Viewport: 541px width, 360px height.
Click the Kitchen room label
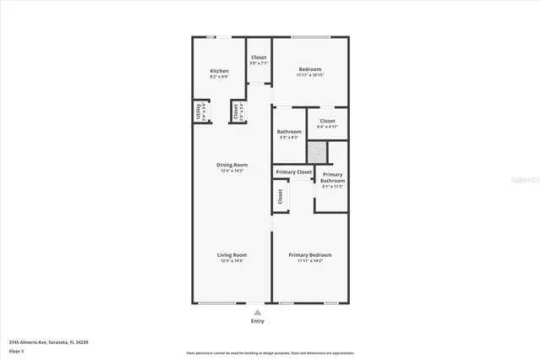[219, 70]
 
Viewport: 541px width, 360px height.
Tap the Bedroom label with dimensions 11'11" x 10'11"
[310, 68]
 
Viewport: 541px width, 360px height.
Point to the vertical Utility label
[199, 112]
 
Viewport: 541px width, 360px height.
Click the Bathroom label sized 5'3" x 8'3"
[289, 131]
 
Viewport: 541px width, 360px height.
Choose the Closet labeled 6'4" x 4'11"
[327, 121]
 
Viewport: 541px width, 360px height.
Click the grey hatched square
[316, 151]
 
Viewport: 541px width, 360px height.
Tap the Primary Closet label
[293, 172]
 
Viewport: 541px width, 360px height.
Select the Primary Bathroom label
[332, 177]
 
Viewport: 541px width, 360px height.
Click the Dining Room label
[232, 165]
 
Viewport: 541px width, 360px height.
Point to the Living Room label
[232, 254]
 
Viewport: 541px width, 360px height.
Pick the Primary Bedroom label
[310, 254]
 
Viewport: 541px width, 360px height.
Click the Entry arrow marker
[258, 312]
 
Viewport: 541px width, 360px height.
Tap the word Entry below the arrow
[258, 321]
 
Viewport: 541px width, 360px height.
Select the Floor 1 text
[17, 350]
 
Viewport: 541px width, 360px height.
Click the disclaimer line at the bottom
[270, 352]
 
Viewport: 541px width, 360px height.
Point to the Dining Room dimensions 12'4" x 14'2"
[232, 172]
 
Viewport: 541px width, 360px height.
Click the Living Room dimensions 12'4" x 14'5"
[232, 261]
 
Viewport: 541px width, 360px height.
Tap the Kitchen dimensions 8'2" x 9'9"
[219, 77]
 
